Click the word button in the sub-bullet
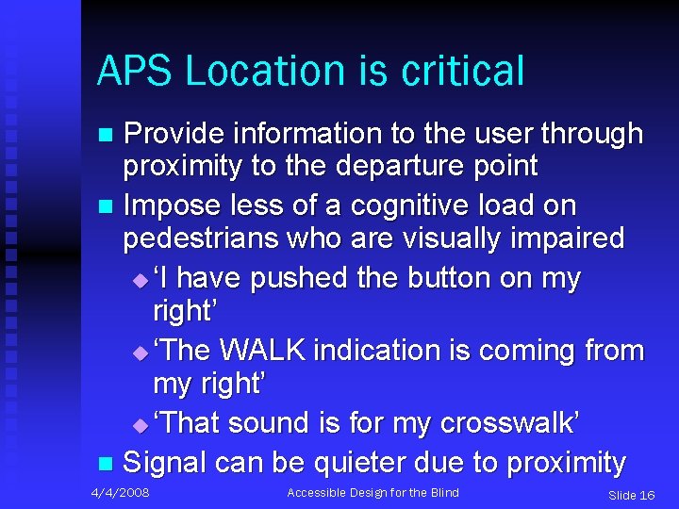tap(429, 278)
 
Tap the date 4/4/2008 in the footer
tap(120, 492)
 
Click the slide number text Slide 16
tap(631, 495)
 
